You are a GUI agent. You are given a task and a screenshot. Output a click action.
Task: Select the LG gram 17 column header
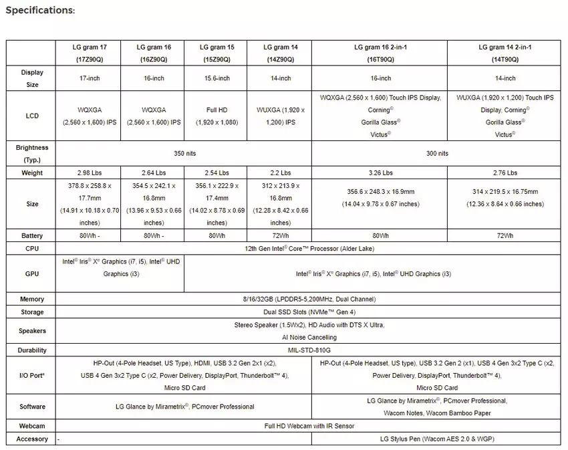click(x=90, y=53)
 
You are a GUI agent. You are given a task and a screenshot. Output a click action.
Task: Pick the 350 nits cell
click(x=183, y=153)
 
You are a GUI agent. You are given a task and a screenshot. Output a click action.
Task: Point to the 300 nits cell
click(x=436, y=153)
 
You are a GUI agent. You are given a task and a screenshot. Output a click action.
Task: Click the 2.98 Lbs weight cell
click(x=90, y=173)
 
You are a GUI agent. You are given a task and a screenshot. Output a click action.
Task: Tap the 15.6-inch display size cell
click(x=216, y=78)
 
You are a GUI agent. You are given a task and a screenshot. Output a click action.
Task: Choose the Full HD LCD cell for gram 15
click(x=216, y=116)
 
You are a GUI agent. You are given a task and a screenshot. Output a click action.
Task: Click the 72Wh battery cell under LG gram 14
click(x=280, y=235)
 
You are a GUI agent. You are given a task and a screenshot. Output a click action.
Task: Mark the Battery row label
click(x=31, y=235)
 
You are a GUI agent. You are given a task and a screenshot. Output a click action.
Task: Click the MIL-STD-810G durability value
click(x=308, y=350)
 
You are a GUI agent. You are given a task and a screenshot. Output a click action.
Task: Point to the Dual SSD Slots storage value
click(x=308, y=312)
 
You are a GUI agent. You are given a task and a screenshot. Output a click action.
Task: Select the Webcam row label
click(x=31, y=426)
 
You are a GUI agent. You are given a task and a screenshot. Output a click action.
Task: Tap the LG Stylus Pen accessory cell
click(x=436, y=439)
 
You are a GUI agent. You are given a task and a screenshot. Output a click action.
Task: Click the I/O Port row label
click(x=31, y=375)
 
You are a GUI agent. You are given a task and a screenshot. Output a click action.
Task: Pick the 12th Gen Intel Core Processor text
click(x=308, y=249)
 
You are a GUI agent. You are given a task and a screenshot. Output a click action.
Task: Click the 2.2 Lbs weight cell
click(x=280, y=173)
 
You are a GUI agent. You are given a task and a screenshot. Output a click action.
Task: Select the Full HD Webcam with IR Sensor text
click(x=308, y=426)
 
